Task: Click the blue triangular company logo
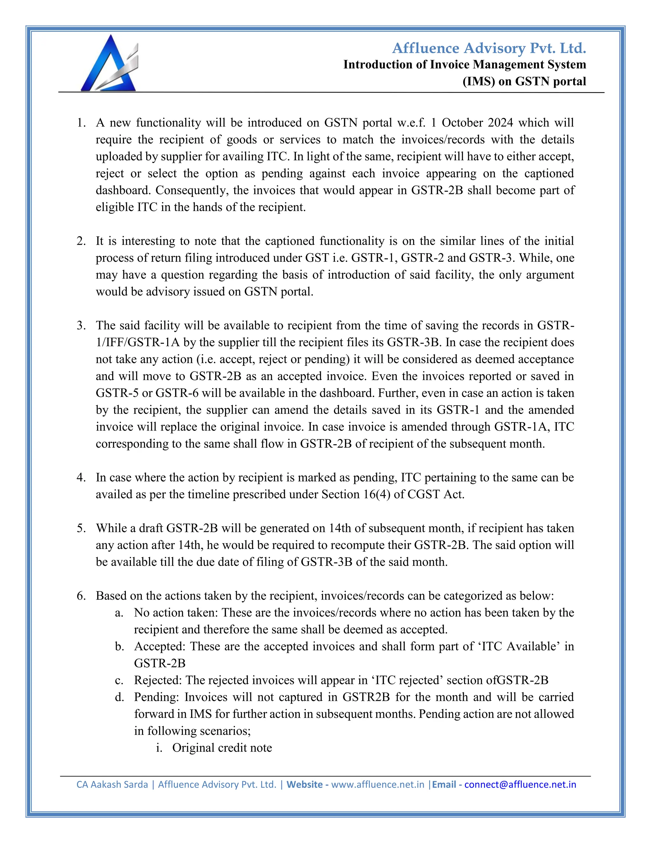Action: (109, 64)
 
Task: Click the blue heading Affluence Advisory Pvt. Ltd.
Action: (489, 48)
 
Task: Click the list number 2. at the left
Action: (81, 241)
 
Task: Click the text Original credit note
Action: (222, 748)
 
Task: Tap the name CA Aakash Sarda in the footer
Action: (112, 785)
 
